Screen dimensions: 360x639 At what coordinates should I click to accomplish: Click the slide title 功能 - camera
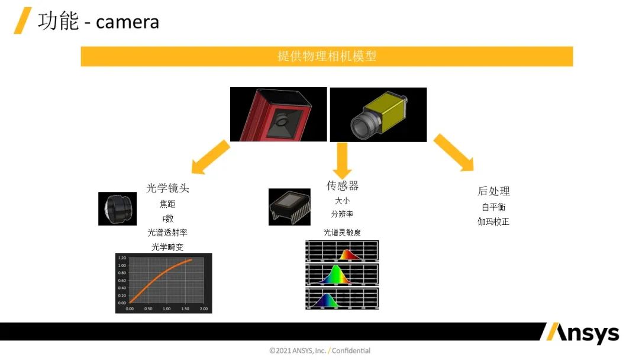click(x=98, y=21)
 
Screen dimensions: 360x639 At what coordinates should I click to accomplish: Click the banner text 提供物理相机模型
click(x=327, y=56)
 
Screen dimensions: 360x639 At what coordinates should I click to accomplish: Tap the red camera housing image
click(x=278, y=114)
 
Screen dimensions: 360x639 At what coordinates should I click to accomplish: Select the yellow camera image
click(x=377, y=114)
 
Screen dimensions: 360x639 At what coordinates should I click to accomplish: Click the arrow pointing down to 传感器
click(x=342, y=159)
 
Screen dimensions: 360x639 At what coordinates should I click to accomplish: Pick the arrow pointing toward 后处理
click(x=454, y=153)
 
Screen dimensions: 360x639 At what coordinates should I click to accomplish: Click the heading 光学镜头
click(x=167, y=188)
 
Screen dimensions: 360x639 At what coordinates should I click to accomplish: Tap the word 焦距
click(x=167, y=204)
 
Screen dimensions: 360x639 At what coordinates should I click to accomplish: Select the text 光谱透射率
click(x=167, y=233)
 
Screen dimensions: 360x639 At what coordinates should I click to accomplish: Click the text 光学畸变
click(x=167, y=247)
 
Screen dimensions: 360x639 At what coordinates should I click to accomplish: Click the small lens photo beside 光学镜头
click(x=117, y=208)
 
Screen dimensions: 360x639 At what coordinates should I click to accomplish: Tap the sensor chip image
click(x=289, y=207)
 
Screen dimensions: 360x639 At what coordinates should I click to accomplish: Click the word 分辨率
click(x=342, y=214)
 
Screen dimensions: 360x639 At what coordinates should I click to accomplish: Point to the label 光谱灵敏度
click(x=342, y=233)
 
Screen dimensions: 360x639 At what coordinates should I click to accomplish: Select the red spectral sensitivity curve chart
click(x=342, y=250)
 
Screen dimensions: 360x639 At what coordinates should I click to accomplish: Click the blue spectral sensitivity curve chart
click(x=342, y=298)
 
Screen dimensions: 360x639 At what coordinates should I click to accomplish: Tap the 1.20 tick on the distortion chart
click(x=122, y=258)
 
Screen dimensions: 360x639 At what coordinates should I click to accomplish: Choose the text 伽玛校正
click(x=493, y=222)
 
